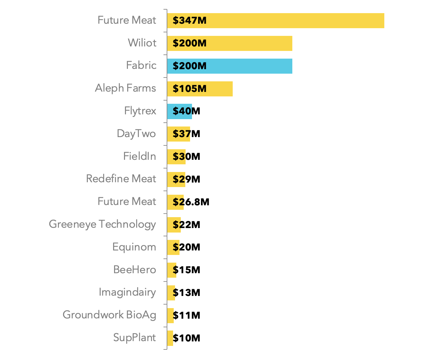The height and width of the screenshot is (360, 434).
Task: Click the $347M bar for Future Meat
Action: pyautogui.click(x=276, y=20)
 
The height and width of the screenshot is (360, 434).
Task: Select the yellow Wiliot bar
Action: pyautogui.click(x=230, y=43)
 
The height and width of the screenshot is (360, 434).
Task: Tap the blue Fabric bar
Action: pyautogui.click(x=230, y=66)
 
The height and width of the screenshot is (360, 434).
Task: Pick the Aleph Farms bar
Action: pyautogui.click(x=200, y=89)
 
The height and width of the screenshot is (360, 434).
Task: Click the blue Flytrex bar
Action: pyautogui.click(x=179, y=111)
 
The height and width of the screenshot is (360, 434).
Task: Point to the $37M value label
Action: pyautogui.click(x=186, y=134)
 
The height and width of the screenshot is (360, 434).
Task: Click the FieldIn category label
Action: pyautogui.click(x=139, y=156)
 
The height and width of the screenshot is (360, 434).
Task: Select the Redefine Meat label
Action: pyautogui.click(x=121, y=179)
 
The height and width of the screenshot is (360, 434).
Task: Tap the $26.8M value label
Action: pyautogui.click(x=191, y=202)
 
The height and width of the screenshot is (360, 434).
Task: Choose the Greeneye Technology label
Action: pyautogui.click(x=102, y=224)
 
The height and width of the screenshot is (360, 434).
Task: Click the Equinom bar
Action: pyautogui.click(x=173, y=247)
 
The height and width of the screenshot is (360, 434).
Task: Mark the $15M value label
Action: pyautogui.click(x=186, y=270)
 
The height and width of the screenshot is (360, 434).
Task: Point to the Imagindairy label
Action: pyautogui.click(x=127, y=292)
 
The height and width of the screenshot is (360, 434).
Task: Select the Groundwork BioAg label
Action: pyautogui.click(x=109, y=315)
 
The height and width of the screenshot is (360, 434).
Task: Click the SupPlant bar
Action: pyautogui.click(x=170, y=338)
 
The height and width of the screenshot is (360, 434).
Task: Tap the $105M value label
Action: pyautogui.click(x=189, y=89)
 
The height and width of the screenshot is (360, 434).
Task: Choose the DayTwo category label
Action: pyautogui.click(x=136, y=134)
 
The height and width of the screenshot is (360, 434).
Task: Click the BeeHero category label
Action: pyautogui.click(x=135, y=270)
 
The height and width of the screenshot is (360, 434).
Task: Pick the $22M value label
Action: pyautogui.click(x=186, y=225)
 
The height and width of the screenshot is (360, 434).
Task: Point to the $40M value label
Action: pyautogui.click(x=186, y=111)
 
